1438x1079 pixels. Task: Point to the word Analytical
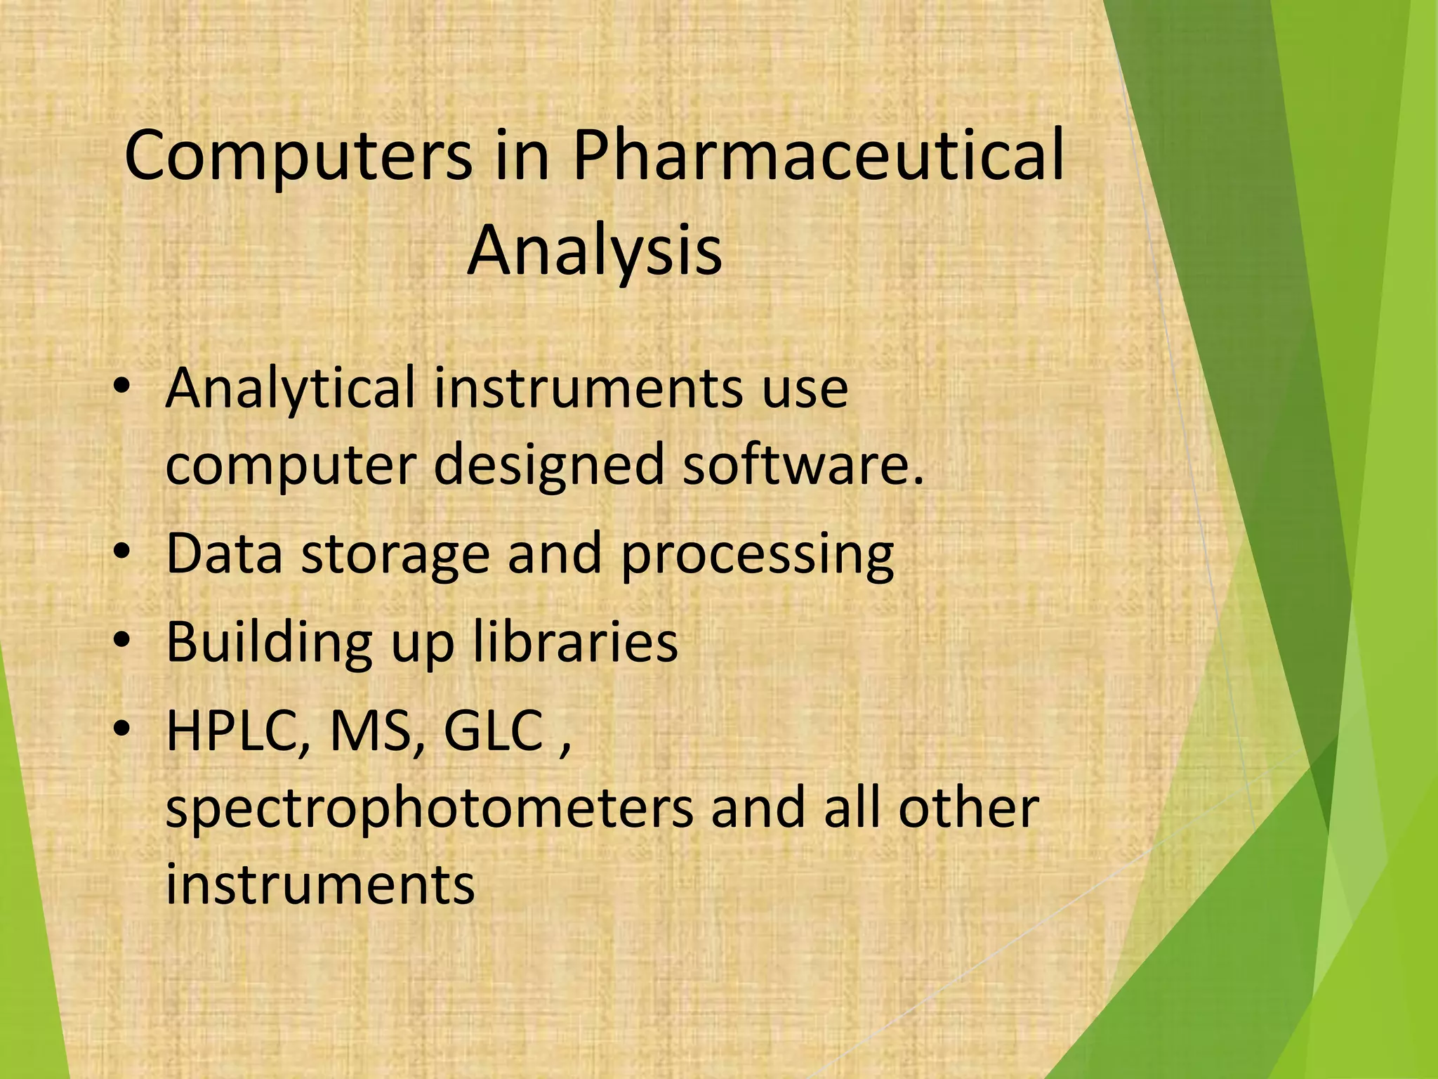290,388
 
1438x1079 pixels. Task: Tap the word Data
224,553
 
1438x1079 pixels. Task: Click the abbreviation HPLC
237,732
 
